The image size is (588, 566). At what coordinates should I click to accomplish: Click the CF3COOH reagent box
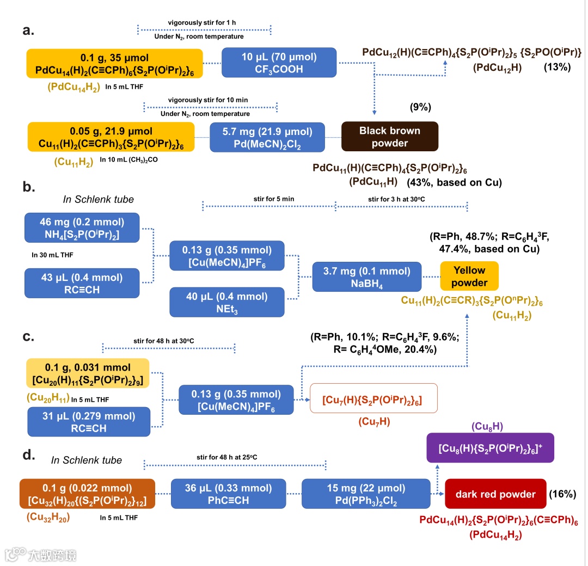[x=279, y=63]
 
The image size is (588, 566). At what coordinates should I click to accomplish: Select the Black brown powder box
[x=389, y=136]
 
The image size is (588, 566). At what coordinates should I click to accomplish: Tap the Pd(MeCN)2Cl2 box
[x=267, y=137]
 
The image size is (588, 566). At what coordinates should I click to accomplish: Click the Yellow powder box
[x=469, y=276]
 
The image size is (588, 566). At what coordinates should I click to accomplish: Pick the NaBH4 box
[x=366, y=276]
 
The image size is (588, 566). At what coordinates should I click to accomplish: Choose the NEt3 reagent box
[x=227, y=303]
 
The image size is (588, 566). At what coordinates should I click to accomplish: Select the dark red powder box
[x=495, y=494]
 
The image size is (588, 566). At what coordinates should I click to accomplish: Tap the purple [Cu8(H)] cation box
[x=490, y=448]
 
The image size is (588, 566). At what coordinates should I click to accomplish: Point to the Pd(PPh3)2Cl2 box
[x=366, y=494]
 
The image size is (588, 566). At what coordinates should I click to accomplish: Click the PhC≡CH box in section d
[x=228, y=494]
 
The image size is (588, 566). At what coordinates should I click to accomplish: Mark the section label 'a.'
[x=28, y=30]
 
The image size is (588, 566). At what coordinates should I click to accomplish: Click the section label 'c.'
[x=28, y=336]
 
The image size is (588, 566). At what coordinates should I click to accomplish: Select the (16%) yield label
[x=562, y=494]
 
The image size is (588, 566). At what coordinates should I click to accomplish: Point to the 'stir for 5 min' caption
[x=274, y=199]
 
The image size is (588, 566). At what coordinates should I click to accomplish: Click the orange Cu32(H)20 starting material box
[x=87, y=494]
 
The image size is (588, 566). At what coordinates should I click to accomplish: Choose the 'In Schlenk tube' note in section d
[x=87, y=460]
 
